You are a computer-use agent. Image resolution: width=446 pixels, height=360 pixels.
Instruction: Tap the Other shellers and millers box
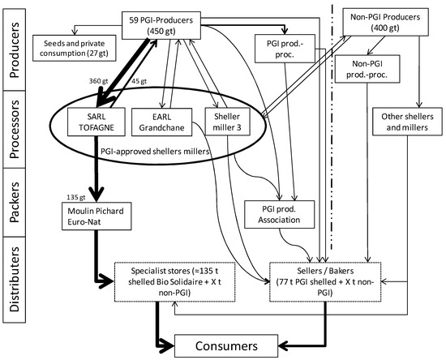coord(409,122)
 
